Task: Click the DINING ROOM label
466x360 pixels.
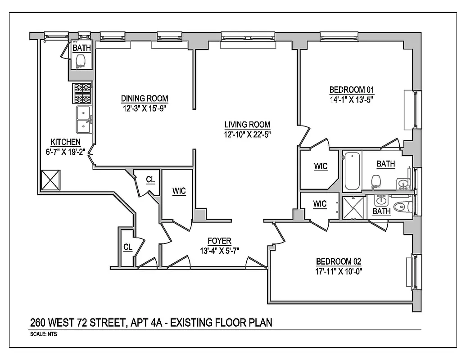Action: point(144,99)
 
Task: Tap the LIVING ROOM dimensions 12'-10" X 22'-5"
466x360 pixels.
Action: point(248,134)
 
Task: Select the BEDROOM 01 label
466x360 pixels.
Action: point(352,89)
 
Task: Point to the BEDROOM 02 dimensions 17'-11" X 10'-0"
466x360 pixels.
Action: point(339,271)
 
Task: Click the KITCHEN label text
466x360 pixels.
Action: point(65,142)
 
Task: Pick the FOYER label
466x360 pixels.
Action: point(219,241)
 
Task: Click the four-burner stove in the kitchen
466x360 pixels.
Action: point(82,93)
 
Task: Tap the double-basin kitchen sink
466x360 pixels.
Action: point(84,120)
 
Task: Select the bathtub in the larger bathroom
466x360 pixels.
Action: point(352,171)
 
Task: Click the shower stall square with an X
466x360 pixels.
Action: point(353,207)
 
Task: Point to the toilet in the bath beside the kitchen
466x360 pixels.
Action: point(81,61)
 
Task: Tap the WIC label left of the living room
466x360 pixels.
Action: point(179,191)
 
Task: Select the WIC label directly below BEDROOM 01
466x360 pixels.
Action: point(321,166)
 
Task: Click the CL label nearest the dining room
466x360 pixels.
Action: point(150,180)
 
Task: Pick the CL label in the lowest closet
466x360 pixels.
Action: point(128,247)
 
